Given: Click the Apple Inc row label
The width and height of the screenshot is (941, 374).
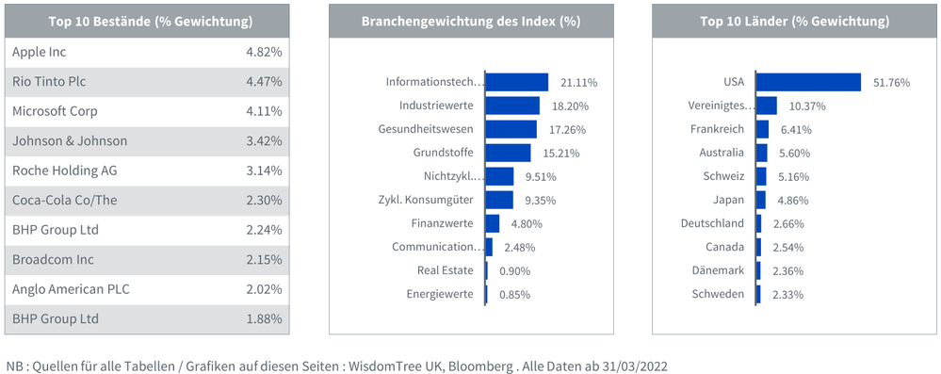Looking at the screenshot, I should pos(39,52).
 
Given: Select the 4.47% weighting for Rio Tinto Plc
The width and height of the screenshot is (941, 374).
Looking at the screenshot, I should pos(263,82).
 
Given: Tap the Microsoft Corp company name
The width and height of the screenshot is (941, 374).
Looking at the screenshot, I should pos(55,111).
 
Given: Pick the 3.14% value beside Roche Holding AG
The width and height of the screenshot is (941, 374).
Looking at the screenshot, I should pos(263,171).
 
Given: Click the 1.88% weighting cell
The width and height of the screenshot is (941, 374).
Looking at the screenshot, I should pos(263,318).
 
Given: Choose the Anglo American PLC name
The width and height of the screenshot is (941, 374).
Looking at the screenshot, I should pos(70,289).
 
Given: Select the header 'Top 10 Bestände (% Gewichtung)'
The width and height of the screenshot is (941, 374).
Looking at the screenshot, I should pos(146,21).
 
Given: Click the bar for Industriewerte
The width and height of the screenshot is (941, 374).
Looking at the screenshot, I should pos(512,106).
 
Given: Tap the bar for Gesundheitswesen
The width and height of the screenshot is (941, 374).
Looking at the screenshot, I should pos(511,129).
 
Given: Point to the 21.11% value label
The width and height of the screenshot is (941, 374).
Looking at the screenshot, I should pos(578,83).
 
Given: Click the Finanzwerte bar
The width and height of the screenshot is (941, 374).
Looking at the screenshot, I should pos(493,223).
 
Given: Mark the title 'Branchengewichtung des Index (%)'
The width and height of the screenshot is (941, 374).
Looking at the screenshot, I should pos(470,21).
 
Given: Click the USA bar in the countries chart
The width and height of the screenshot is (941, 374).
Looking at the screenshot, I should pos(808,82).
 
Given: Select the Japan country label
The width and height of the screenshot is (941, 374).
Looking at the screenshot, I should pos(729,200).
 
